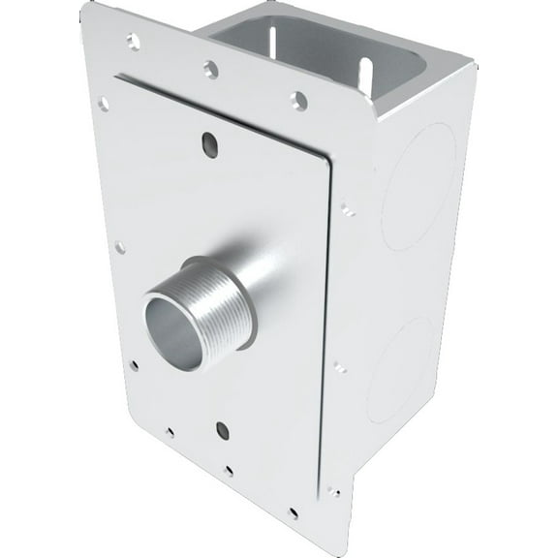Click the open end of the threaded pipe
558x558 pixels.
[173, 330]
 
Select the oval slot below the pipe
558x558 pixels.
[222, 430]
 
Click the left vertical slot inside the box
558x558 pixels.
[270, 44]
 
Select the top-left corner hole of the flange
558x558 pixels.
[131, 42]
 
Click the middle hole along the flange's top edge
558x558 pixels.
[209, 69]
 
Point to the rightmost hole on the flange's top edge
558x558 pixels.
[299, 100]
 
